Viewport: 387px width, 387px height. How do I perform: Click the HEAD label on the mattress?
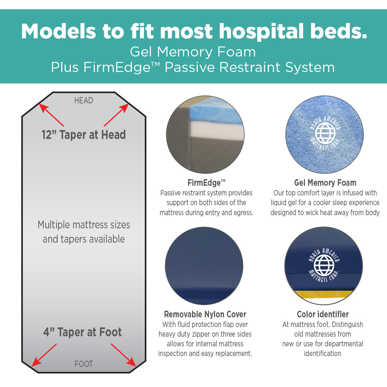click(84, 101)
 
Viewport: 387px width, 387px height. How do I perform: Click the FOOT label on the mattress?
click(84, 364)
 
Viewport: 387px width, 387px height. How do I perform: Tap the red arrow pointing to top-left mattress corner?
click(52, 115)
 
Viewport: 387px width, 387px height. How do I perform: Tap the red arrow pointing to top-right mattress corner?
click(116, 115)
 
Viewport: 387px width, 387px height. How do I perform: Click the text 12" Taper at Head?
click(84, 135)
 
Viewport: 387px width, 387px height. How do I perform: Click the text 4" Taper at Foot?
click(82, 332)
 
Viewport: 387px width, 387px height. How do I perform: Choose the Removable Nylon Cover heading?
click(205, 314)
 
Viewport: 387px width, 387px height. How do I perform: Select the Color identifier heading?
click(323, 314)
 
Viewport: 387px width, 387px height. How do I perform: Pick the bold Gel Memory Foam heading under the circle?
click(325, 183)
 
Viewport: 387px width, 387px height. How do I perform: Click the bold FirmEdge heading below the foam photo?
click(206, 183)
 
